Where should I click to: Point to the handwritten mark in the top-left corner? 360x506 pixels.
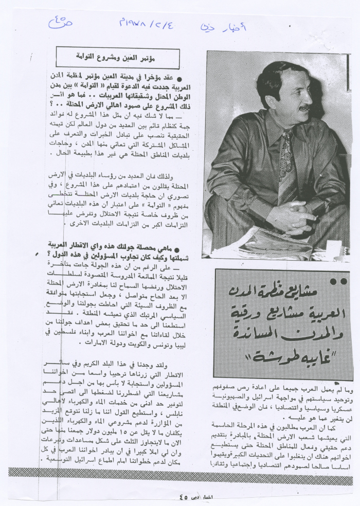61,22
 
